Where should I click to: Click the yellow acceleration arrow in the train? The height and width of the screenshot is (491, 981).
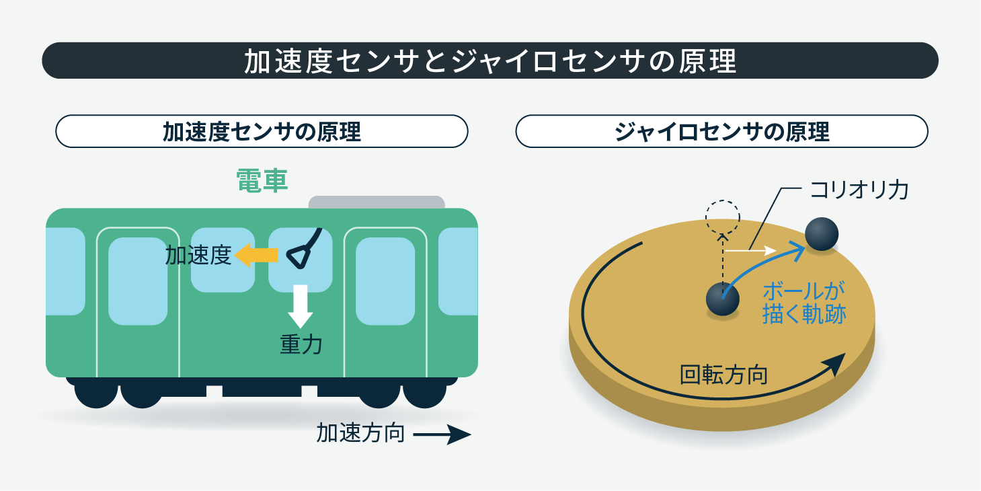(256, 255)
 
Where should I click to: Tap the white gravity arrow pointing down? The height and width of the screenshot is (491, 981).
(301, 306)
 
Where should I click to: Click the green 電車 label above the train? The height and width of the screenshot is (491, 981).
(262, 180)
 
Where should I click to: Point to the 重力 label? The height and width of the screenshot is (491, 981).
(301, 344)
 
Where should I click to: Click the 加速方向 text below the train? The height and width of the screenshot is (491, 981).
(360, 434)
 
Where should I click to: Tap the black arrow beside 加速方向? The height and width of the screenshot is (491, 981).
(442, 435)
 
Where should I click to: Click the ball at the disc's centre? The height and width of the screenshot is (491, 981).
(723, 299)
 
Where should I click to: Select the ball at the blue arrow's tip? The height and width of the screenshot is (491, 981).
(822, 234)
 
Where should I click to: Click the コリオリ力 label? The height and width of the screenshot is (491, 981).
(859, 190)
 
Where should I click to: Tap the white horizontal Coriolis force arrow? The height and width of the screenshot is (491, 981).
(750, 250)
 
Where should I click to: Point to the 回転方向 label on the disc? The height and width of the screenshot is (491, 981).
(723, 375)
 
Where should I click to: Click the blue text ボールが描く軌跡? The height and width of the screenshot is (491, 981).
(804, 303)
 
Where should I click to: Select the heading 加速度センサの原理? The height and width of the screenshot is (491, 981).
(262, 131)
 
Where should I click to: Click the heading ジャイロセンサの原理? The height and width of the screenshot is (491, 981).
(721, 131)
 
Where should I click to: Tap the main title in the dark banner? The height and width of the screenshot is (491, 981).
(491, 61)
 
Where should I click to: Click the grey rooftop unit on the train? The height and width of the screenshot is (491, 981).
(377, 202)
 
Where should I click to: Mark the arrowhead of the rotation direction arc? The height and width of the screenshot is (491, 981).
(836, 363)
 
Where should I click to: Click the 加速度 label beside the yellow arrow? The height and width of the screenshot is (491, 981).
(198, 256)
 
